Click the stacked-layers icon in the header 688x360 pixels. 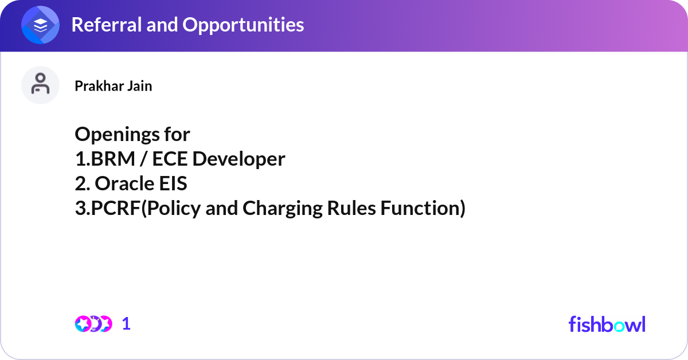[x=40, y=25]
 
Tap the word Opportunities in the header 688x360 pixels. [x=243, y=25]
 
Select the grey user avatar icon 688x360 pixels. [x=40, y=85]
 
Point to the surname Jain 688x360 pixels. [x=140, y=85]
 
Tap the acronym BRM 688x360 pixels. [x=113, y=159]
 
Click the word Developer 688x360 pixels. [x=239, y=159]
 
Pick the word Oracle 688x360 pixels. [x=124, y=183]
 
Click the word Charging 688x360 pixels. [x=283, y=209]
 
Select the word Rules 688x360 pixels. [x=351, y=208]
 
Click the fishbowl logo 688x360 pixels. [x=607, y=324]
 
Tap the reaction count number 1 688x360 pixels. [x=126, y=324]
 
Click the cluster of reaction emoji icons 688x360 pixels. [x=93, y=324]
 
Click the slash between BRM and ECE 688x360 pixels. [x=143, y=159]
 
